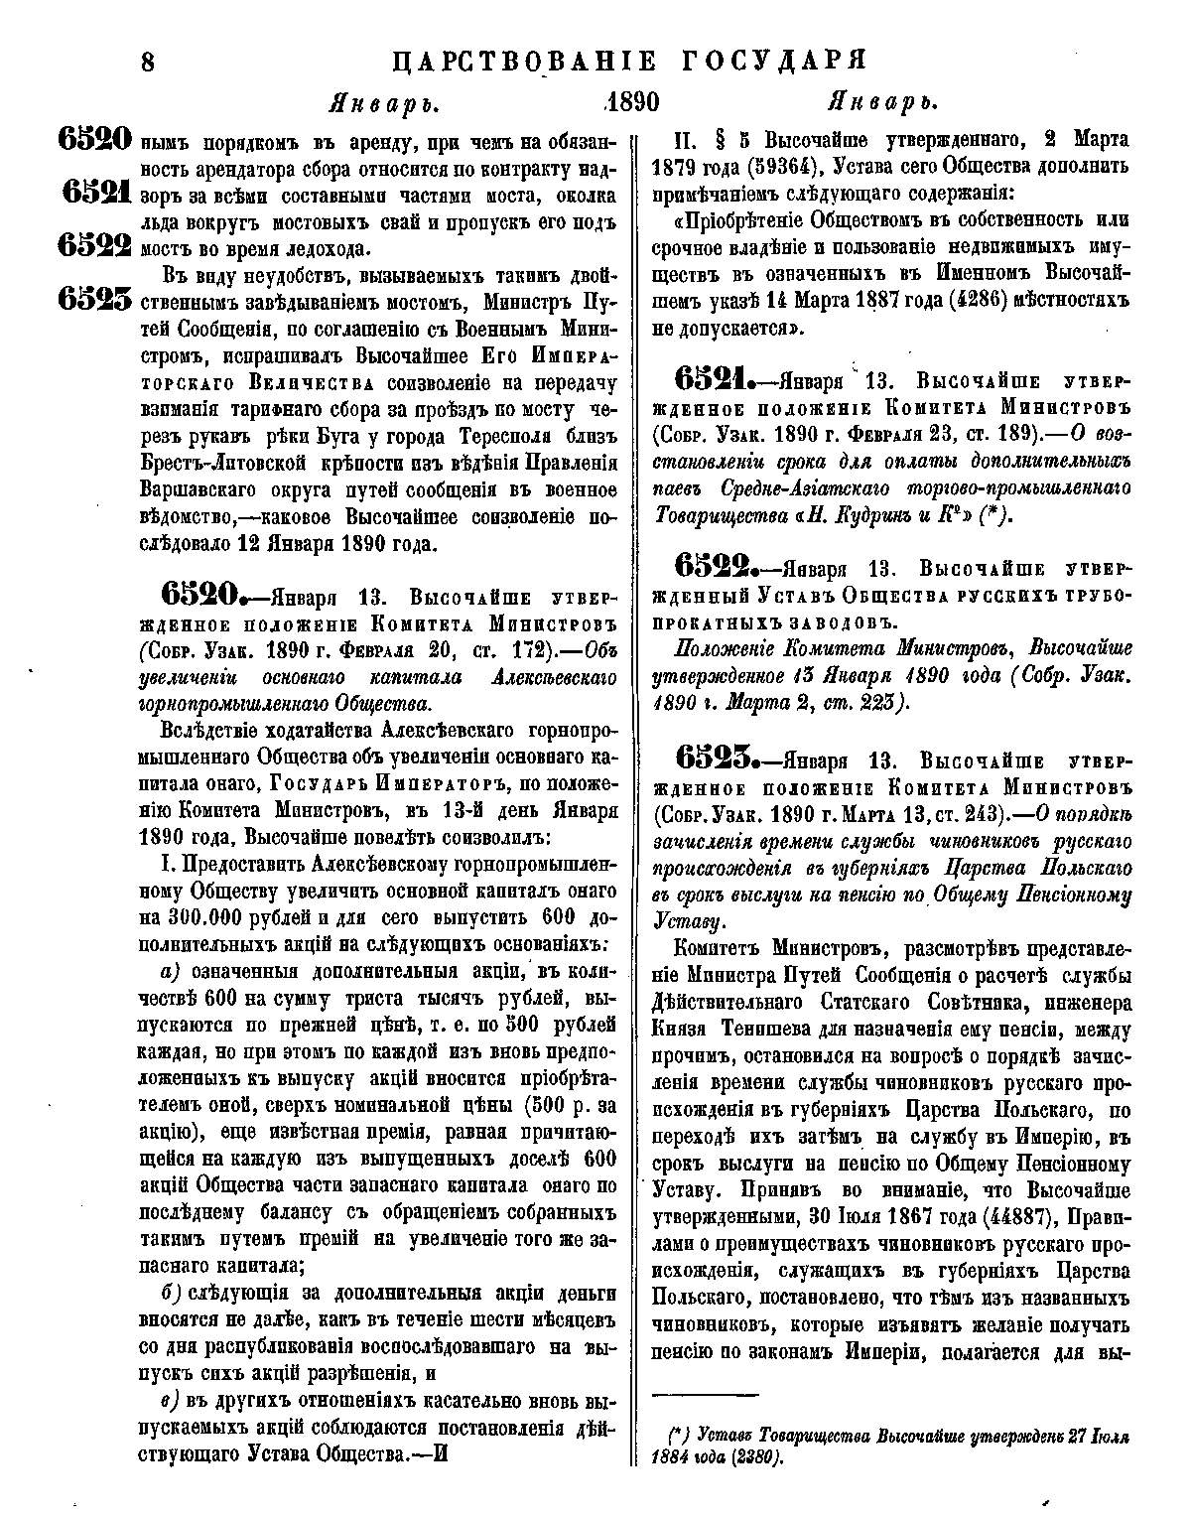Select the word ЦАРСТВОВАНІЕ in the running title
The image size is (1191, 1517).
[x=525, y=62]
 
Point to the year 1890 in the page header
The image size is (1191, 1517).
[x=632, y=103]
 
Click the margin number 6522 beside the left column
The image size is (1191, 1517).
[x=94, y=243]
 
